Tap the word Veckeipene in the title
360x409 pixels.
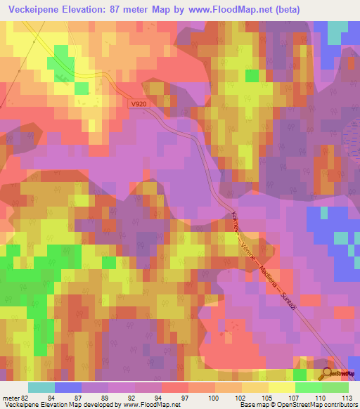click(x=34, y=10)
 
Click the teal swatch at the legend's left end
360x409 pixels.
click(x=41, y=387)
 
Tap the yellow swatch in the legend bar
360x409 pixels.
click(x=281, y=387)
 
